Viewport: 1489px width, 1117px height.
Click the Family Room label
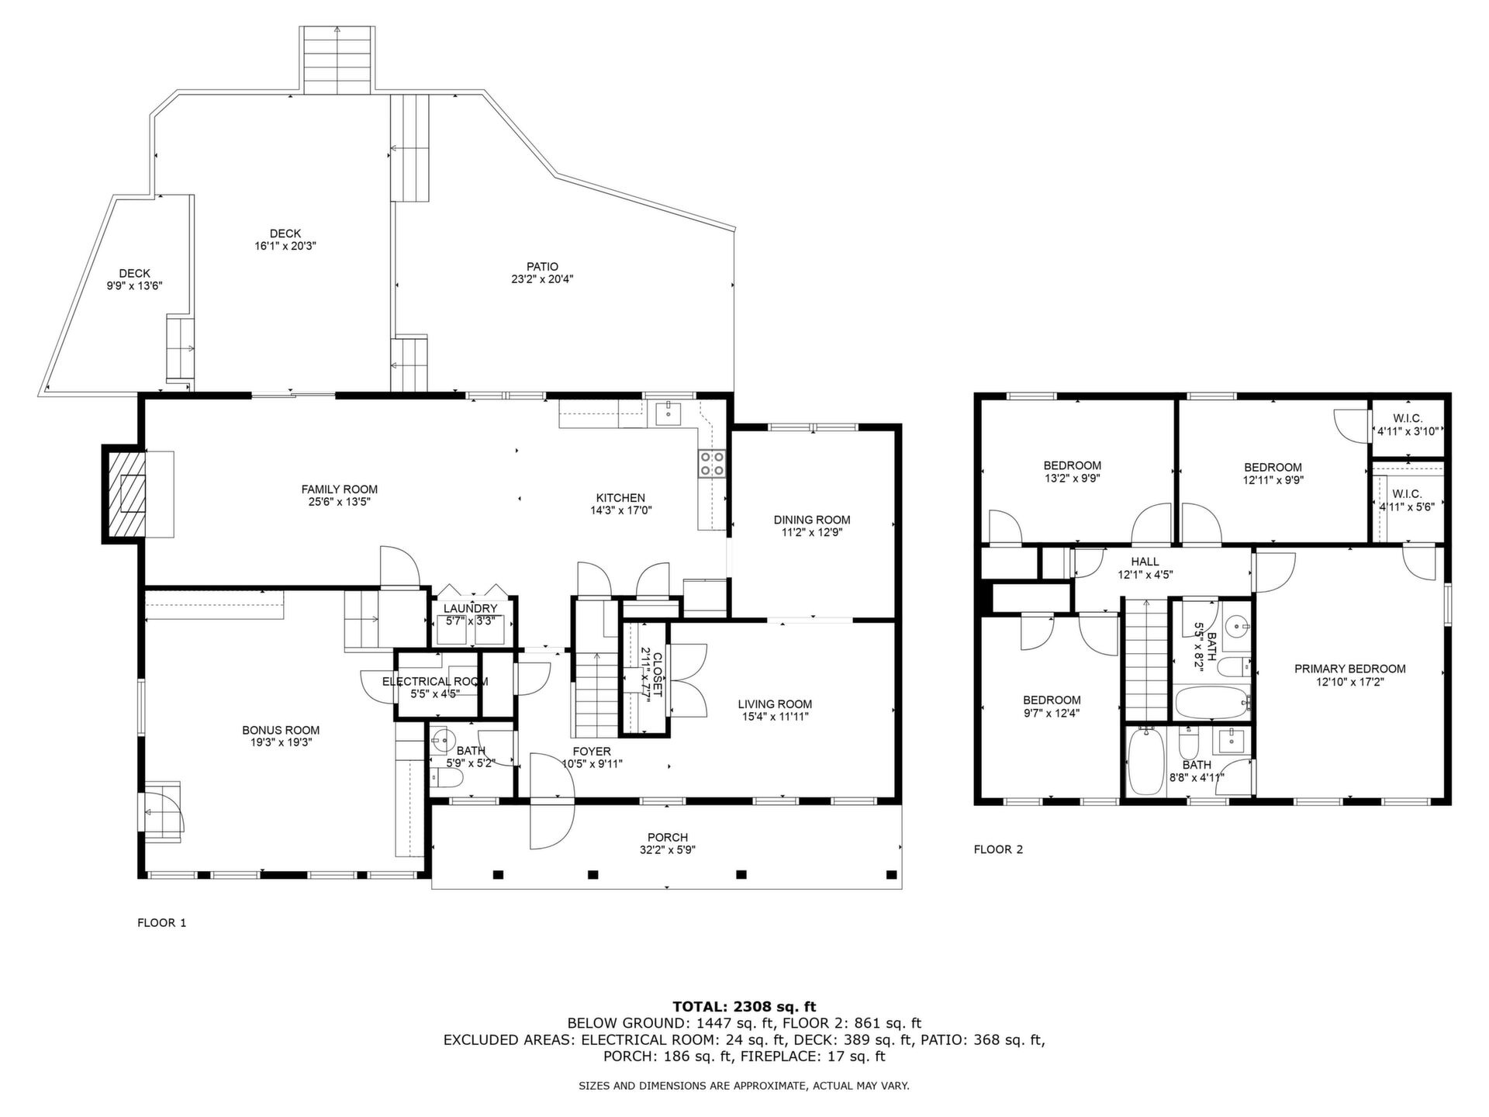(340, 489)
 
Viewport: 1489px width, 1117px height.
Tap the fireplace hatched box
(125, 494)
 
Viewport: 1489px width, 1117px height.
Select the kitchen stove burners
(712, 464)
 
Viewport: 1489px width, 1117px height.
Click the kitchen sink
(668, 413)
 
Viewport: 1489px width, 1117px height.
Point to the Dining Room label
(812, 520)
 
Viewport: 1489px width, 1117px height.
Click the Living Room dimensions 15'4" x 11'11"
(775, 717)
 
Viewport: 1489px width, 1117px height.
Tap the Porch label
(668, 837)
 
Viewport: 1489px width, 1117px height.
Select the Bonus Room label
(281, 730)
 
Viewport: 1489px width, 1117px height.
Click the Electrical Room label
(435, 682)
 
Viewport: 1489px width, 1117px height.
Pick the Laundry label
(471, 609)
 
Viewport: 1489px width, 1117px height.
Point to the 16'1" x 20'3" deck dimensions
(285, 246)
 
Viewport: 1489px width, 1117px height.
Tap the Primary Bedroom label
(1350, 669)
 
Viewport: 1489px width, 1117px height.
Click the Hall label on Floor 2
(1145, 562)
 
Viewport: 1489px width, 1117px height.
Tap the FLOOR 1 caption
(162, 923)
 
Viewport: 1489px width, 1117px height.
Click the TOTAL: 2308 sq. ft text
(744, 1008)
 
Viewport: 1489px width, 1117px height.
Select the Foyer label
(592, 751)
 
